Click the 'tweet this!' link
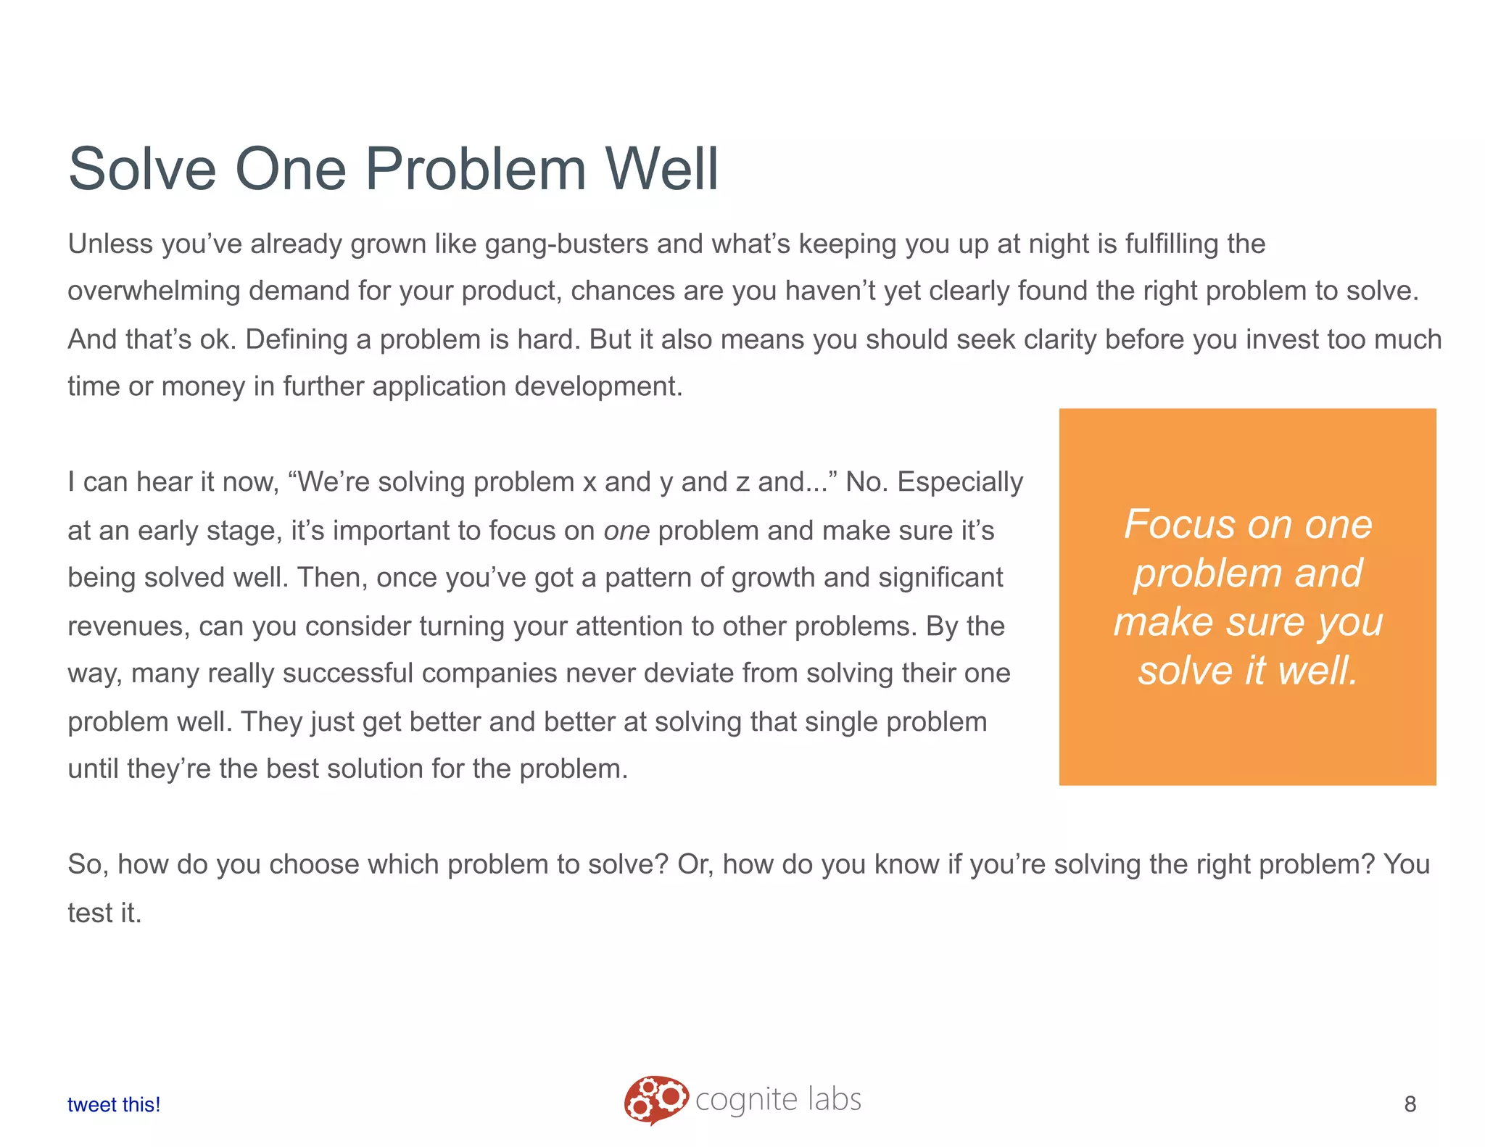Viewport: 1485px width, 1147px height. click(x=114, y=1104)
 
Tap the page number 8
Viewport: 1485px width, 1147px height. click(x=1410, y=1104)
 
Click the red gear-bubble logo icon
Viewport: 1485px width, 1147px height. click(x=655, y=1099)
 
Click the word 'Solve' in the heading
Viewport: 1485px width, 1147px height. click(x=142, y=169)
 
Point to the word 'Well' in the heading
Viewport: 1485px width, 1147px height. click(x=661, y=169)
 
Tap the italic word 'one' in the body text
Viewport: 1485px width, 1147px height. click(x=626, y=531)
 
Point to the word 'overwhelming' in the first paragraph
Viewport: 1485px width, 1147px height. click(x=154, y=291)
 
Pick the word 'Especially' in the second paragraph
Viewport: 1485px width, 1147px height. click(x=960, y=482)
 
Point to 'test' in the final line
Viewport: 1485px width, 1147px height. click(x=90, y=913)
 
